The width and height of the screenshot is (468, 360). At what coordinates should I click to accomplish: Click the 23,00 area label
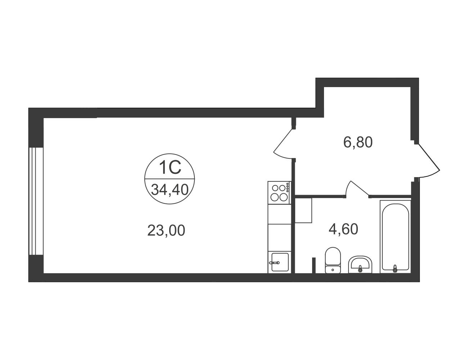pyautogui.click(x=166, y=230)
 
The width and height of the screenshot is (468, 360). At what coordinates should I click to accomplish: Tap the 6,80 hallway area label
pyautogui.click(x=358, y=142)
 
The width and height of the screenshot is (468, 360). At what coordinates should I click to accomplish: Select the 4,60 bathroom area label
pyautogui.click(x=343, y=229)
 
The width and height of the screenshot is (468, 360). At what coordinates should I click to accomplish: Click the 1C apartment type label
pyautogui.click(x=170, y=168)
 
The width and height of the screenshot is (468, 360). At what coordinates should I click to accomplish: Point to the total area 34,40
pyautogui.click(x=170, y=190)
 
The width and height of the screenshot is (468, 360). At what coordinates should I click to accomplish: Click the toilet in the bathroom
pyautogui.click(x=333, y=260)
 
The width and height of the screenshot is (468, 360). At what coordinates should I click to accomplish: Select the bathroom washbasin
pyautogui.click(x=360, y=265)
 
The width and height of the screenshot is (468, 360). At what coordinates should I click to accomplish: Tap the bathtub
pyautogui.click(x=395, y=237)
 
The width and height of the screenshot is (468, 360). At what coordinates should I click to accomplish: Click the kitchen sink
pyautogui.click(x=280, y=262)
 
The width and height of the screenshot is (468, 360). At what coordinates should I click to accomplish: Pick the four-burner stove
pyautogui.click(x=279, y=193)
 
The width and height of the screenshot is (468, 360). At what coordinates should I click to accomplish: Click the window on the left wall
pyautogui.click(x=36, y=201)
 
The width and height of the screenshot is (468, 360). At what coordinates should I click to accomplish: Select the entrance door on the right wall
pyautogui.click(x=427, y=161)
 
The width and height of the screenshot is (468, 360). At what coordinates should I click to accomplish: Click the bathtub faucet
pyautogui.click(x=395, y=269)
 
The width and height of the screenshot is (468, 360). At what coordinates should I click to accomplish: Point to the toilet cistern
pyautogui.click(x=333, y=270)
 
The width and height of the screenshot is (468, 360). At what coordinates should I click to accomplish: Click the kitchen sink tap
pyautogui.click(x=274, y=263)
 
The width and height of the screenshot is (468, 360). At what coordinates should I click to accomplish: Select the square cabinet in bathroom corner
pyautogui.click(x=303, y=210)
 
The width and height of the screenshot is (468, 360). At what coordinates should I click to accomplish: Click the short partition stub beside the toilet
pyautogui.click(x=314, y=265)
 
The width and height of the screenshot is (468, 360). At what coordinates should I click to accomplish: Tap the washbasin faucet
pyautogui.click(x=360, y=269)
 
